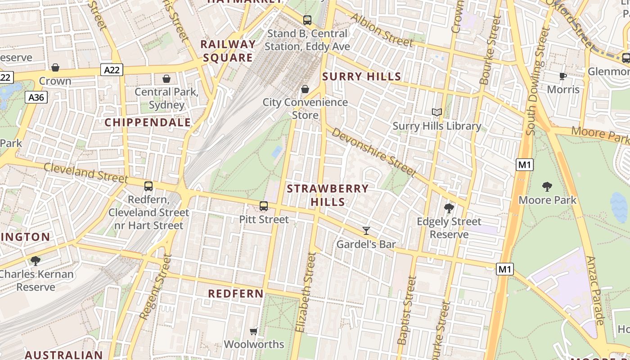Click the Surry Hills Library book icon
[436, 112]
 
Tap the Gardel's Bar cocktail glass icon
[366, 231]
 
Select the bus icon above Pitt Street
[264, 206]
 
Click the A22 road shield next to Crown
[112, 70]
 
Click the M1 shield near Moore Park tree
[525, 165]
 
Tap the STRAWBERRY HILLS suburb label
[328, 195]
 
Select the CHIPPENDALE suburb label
[148, 122]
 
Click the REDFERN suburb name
[236, 294]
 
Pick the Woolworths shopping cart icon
[254, 331]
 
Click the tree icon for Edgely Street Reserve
[449, 208]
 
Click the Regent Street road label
[156, 287]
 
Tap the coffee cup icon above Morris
[563, 76]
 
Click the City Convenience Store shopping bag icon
[305, 89]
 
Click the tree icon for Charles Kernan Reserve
[35, 261]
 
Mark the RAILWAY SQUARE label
[228, 51]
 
